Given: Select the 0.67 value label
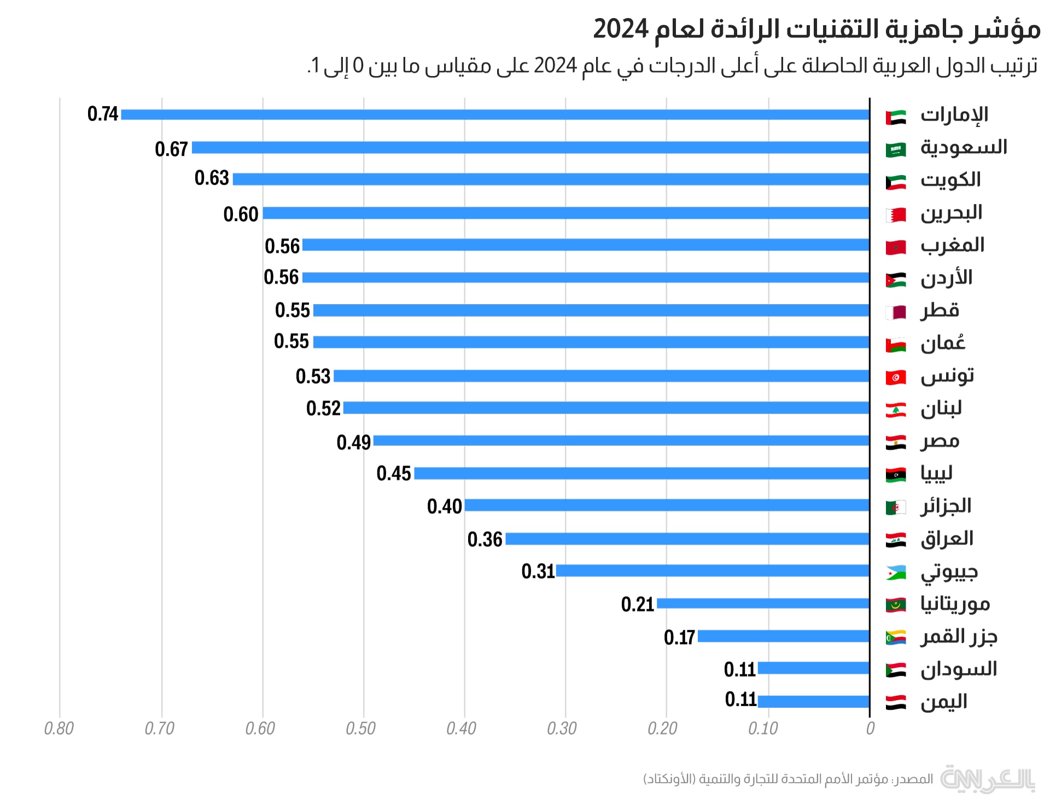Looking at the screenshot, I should [171, 149].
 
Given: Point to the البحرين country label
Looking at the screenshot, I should [952, 213].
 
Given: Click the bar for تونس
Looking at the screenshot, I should [602, 376].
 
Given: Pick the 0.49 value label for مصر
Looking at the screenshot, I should [353, 442].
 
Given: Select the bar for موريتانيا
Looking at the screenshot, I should [763, 604].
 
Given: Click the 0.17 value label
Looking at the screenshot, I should [679, 637].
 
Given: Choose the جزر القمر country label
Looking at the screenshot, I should [959, 637].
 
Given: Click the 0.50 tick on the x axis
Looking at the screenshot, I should [361, 729].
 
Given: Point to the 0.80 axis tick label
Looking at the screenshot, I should [59, 729].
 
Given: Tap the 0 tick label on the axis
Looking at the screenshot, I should [870, 729].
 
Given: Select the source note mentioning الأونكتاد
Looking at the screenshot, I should [787, 779].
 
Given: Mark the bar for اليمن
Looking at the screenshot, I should [814, 702].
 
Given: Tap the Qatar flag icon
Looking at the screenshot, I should [896, 312].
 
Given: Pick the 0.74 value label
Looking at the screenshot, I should [103, 114].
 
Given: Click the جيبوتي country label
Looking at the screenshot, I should [949, 572].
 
